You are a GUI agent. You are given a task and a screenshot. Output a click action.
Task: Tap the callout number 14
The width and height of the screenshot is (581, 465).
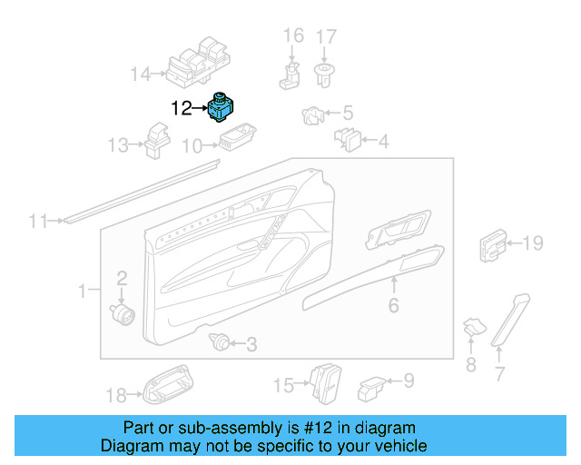(140, 74)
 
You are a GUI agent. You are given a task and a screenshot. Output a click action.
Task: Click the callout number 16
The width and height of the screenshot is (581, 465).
(293, 36)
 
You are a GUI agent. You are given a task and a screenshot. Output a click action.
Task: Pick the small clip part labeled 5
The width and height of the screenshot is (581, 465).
(311, 116)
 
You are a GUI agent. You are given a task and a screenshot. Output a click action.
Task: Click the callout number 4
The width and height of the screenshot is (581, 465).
(382, 142)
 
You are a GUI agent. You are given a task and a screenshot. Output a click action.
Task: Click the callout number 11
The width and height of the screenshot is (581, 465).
(36, 221)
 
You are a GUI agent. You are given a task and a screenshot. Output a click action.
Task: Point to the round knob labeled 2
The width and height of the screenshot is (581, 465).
(123, 312)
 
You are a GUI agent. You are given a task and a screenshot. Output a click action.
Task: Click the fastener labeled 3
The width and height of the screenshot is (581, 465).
(218, 342)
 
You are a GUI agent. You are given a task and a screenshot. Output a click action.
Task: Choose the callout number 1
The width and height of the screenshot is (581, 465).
(83, 292)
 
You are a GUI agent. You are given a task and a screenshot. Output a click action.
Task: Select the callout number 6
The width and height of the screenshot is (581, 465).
(393, 306)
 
